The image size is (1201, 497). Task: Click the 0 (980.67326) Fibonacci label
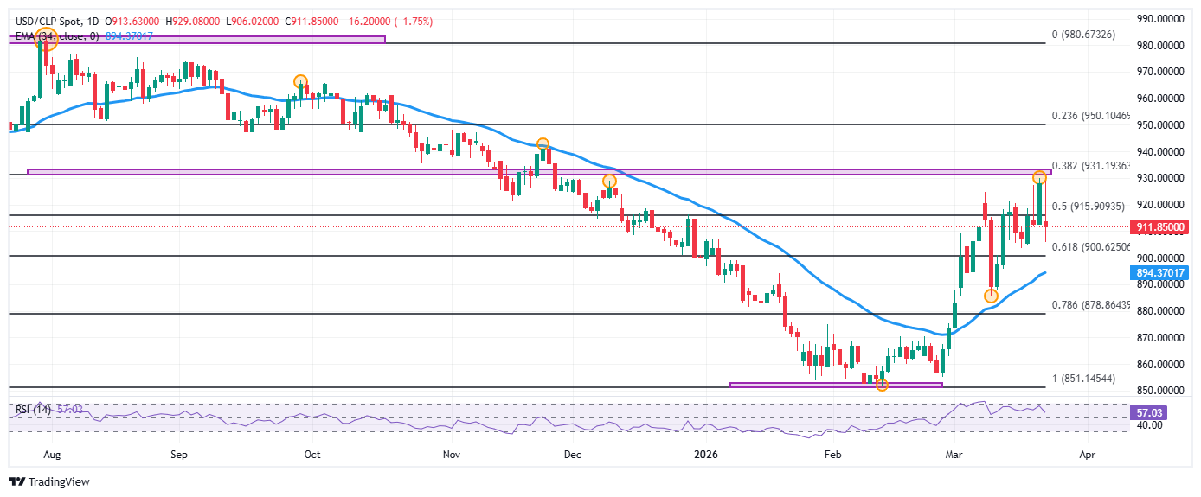coord(1094,35)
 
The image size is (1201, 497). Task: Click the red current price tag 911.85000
coord(1160,227)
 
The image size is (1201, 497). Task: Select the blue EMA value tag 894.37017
coord(1160,273)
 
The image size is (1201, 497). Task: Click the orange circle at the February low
coord(882,385)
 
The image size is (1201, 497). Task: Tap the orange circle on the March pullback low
coord(991,296)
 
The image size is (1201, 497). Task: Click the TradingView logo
coord(49,482)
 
